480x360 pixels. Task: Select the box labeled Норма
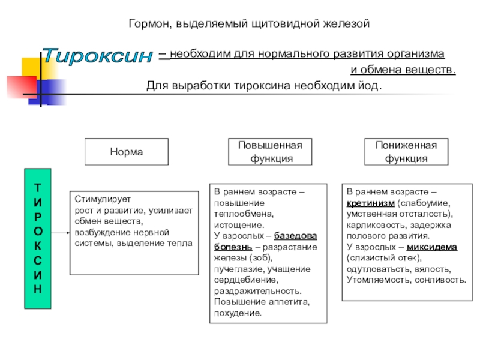point(126,152)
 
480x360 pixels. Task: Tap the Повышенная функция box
point(270,152)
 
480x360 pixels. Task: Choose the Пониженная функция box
point(406,152)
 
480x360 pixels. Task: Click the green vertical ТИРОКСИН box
point(38,238)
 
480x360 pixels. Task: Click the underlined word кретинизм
point(370,203)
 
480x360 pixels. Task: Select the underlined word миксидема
point(432,247)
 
